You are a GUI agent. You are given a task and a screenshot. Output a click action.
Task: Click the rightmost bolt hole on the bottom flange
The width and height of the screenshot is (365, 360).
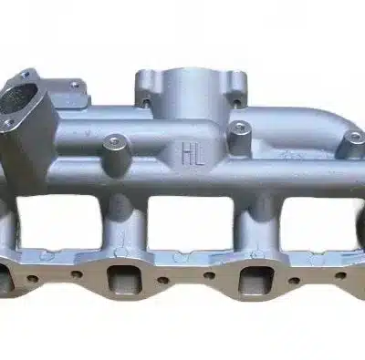[x=339, y=275]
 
